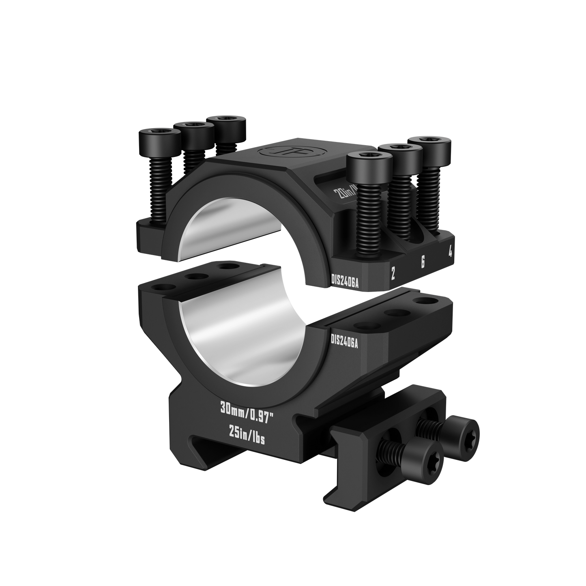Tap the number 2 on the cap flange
393,273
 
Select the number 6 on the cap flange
422,262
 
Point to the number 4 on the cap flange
450,252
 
